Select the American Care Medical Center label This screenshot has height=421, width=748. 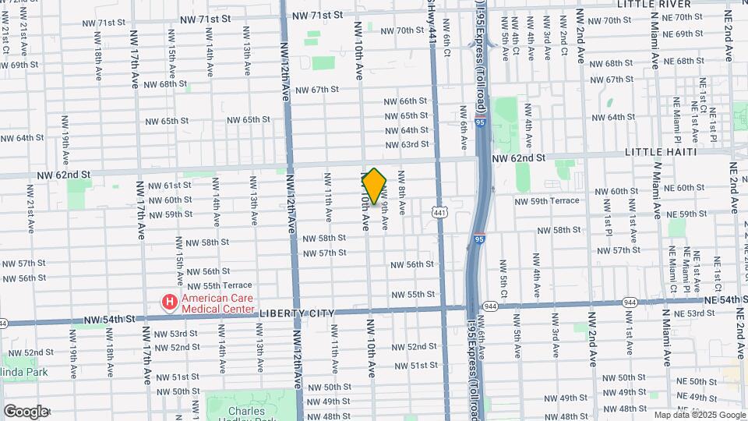[218, 302]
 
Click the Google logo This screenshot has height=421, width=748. [25, 411]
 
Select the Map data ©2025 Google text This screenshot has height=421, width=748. [700, 415]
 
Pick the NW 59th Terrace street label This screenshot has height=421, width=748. [546, 200]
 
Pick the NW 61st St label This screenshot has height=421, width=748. [166, 185]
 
